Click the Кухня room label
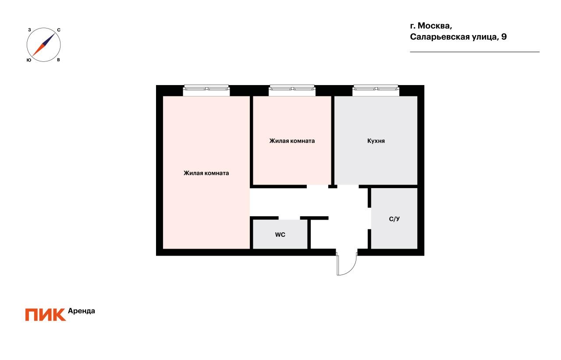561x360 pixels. tap(376, 141)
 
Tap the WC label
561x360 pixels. tap(280, 235)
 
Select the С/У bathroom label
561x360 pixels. tap(394, 219)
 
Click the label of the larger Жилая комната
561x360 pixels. tap(206, 173)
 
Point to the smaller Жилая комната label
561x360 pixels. tap(292, 141)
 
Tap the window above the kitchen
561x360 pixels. tap(376, 90)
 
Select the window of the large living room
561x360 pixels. tap(206, 90)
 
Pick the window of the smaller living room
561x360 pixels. tap(292, 90)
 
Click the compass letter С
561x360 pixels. tap(59, 30)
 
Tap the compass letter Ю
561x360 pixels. tap(28, 60)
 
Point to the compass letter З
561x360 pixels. tap(29, 30)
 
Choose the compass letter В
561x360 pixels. tap(58, 60)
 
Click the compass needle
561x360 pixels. tap(43, 45)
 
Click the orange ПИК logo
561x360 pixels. tap(45, 315)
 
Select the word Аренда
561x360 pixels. tap(82, 311)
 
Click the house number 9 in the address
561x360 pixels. tap(504, 37)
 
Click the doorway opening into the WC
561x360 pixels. tap(289, 218)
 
